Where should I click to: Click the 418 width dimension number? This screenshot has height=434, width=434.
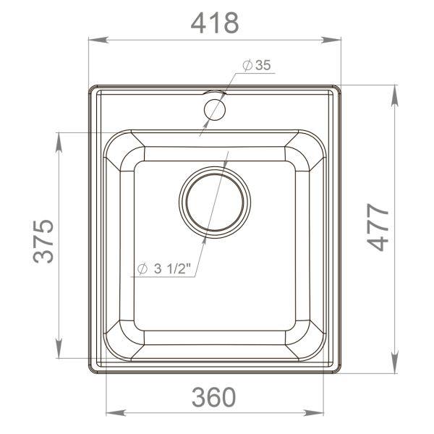click(x=214, y=23)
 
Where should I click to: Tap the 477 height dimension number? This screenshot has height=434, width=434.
click(x=376, y=229)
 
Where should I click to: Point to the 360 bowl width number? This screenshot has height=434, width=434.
click(x=214, y=396)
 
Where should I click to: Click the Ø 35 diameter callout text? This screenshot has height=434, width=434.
click(x=257, y=66)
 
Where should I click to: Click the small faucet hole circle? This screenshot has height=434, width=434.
click(x=215, y=109)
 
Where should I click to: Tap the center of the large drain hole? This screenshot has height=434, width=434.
click(x=215, y=203)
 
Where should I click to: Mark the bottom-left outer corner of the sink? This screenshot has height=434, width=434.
click(x=90, y=373)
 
